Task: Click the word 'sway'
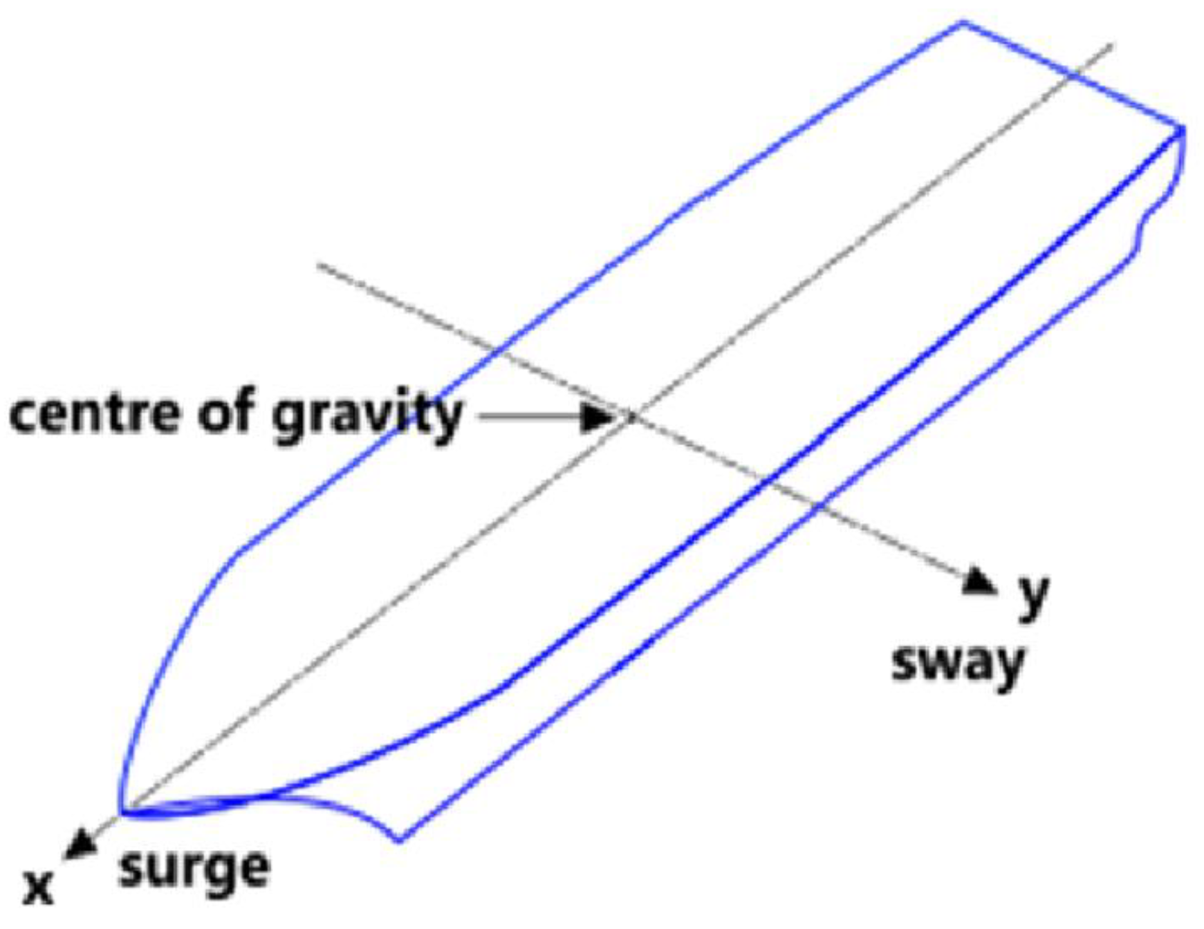[958, 664]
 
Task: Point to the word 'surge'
[194, 870]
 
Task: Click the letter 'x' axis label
[38, 888]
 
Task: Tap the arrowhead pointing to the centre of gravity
[597, 417]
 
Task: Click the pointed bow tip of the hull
[122, 813]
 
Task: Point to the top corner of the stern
[963, 23]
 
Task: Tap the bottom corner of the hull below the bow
[400, 841]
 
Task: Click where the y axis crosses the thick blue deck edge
[766, 480]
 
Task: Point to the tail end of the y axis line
[318, 264]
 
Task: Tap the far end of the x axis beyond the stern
[1112, 45]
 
